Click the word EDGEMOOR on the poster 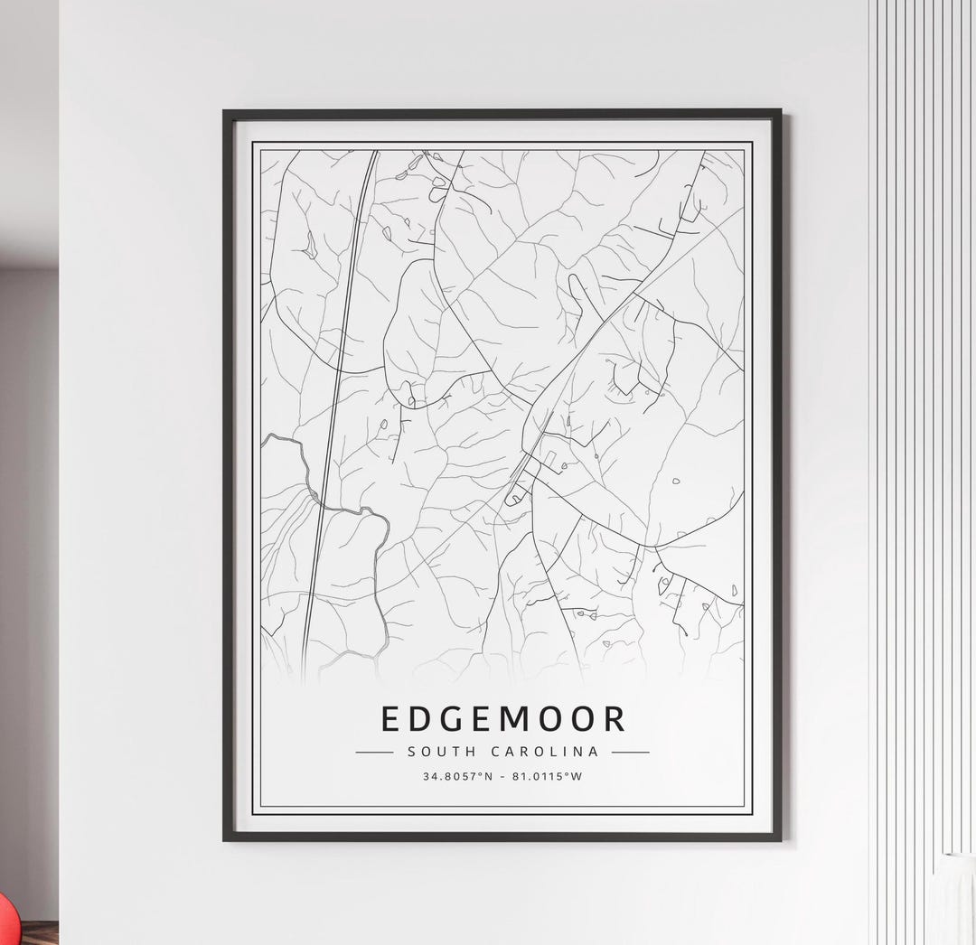[502, 718]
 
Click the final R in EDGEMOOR [614, 718]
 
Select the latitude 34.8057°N [457, 776]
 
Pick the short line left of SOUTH [374, 752]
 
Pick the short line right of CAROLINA [630, 752]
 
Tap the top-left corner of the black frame [225, 112]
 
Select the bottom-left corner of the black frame [225, 839]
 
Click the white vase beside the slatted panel [956, 894]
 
